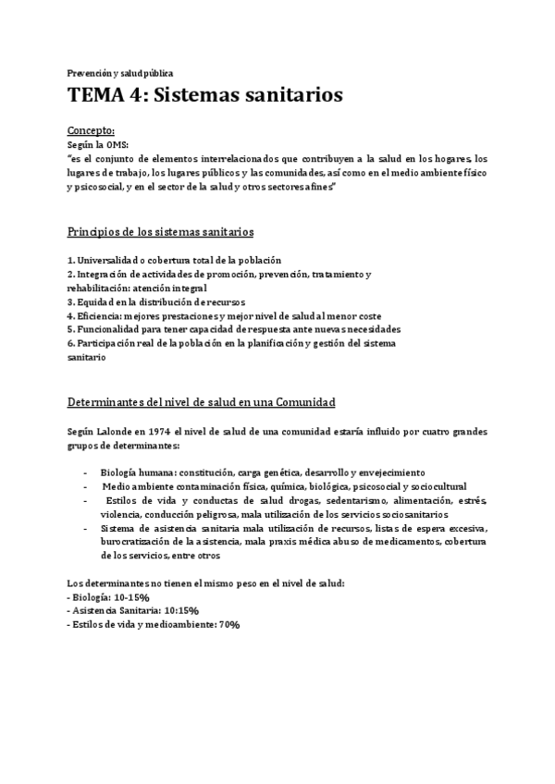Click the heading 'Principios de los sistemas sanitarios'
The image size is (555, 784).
click(x=161, y=230)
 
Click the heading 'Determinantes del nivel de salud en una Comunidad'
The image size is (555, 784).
click(x=201, y=402)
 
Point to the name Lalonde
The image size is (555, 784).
click(x=116, y=431)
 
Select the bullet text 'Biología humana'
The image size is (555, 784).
click(x=142, y=472)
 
